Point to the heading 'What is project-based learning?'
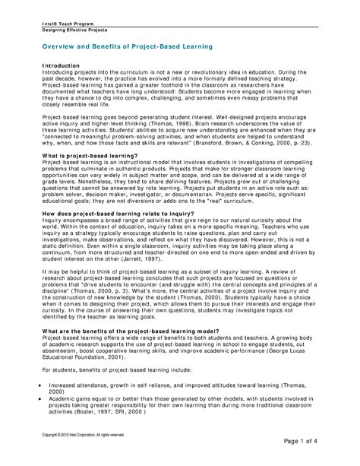pyautogui.click(x=84, y=155)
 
